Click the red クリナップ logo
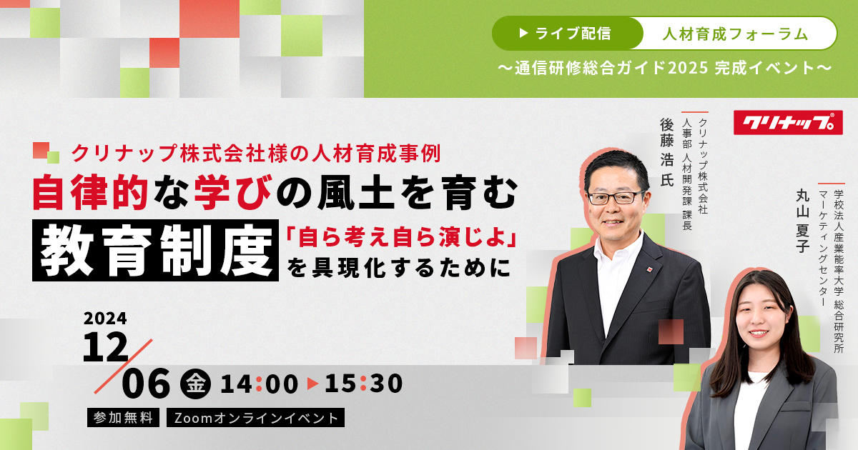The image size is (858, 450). tap(788, 122)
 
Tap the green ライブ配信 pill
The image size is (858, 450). tap(567, 34)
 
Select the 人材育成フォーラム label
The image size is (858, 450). tap(736, 34)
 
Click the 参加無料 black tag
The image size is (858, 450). tap(123, 417)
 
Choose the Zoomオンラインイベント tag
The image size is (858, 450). tap(255, 417)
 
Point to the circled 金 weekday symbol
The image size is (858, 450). tap(195, 384)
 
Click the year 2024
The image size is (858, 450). tap(105, 319)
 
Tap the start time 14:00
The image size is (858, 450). tap(259, 384)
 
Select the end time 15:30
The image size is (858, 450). tap(363, 384)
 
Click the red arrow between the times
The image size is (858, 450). tap(312, 384)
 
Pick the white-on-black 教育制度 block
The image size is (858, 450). tap(156, 250)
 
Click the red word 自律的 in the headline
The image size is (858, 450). tap(90, 192)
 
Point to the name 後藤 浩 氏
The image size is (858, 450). tap(667, 152)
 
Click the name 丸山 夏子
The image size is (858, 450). tap(802, 221)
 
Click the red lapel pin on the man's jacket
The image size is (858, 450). tap(650, 269)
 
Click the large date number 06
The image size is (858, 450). tap(146, 383)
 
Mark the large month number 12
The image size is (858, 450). tap(105, 346)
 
